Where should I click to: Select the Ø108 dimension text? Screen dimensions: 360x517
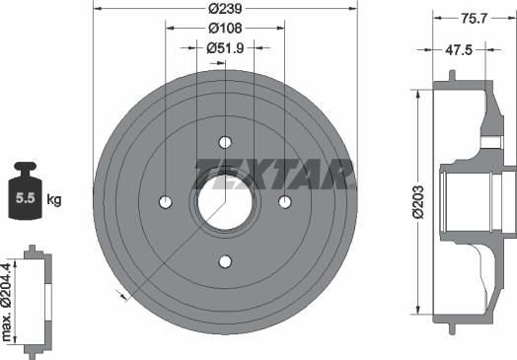coord(226,28)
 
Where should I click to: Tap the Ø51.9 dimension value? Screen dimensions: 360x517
coord(226,46)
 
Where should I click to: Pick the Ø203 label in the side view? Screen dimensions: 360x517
coord(417,204)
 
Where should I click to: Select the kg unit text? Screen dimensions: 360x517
coord(54,199)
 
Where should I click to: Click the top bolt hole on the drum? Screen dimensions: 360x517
coord(225,141)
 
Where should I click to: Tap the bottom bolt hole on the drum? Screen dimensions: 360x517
coord(225,261)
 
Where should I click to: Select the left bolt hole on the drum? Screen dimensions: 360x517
coord(165,202)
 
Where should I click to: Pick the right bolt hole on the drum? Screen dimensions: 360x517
coord(285,202)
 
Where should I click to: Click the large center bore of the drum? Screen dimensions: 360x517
coord(225,202)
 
